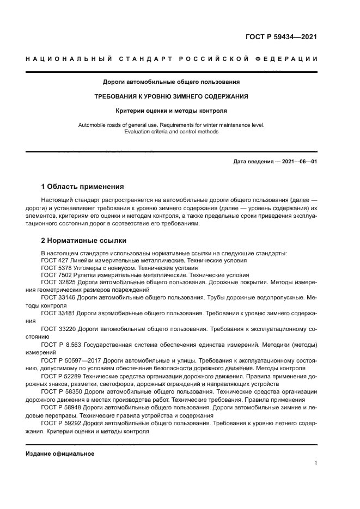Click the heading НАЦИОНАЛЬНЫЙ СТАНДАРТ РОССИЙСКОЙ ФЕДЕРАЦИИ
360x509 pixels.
[172, 59]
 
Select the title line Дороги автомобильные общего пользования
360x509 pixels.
[172, 82]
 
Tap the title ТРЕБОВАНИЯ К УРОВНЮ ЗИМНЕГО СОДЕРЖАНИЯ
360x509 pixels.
[172, 96]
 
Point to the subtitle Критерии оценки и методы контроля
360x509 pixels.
[172, 111]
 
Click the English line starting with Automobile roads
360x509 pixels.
[172, 125]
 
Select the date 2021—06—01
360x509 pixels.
[299, 162]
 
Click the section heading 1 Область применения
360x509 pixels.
[83, 186]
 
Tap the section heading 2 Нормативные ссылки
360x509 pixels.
[84, 240]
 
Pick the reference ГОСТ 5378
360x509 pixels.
[56, 268]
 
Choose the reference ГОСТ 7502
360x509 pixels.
[56, 275]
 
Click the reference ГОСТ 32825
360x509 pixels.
[58, 283]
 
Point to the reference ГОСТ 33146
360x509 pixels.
[58, 298]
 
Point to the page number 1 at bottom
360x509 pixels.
[316, 463]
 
